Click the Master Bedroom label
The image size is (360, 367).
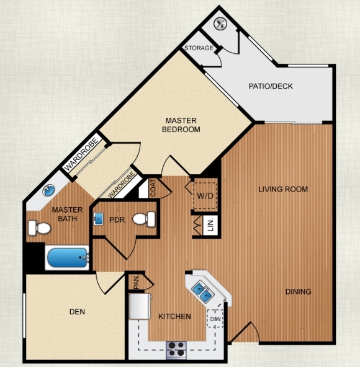coord(181,125)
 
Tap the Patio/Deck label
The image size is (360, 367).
coord(271,86)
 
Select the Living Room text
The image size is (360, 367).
coord(283,189)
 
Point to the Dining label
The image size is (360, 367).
coord(299,291)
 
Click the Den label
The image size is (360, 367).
coord(77,312)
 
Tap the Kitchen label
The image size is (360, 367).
coord(174,317)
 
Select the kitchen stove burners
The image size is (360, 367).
coord(176,349)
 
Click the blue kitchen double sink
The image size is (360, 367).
coord(202,289)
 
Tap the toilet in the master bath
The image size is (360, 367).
coord(39,229)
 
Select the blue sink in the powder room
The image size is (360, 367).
coord(99,219)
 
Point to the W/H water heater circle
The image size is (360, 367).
coord(220,24)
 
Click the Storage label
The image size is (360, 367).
coord(198,48)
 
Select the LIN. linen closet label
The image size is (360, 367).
coord(210,226)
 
